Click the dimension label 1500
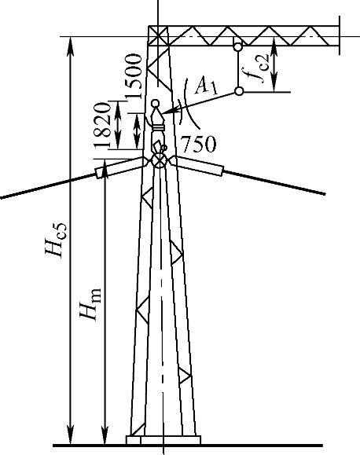tap(134, 76)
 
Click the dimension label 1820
tap(102, 125)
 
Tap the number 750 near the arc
tap(199, 144)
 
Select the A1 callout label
tap(206, 86)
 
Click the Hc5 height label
tap(56, 240)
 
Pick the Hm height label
tap(90, 304)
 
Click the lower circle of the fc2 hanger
tap(239, 91)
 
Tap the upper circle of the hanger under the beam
tap(237, 46)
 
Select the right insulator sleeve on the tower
tap(199, 166)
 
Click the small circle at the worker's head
tap(156, 103)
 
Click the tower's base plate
tap(163, 440)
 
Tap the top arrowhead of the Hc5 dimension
tap(70, 46)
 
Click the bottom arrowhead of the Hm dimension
tap(105, 435)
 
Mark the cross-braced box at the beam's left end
tap(158, 36)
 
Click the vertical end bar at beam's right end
tap(340, 35)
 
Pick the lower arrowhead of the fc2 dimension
tap(274, 83)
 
